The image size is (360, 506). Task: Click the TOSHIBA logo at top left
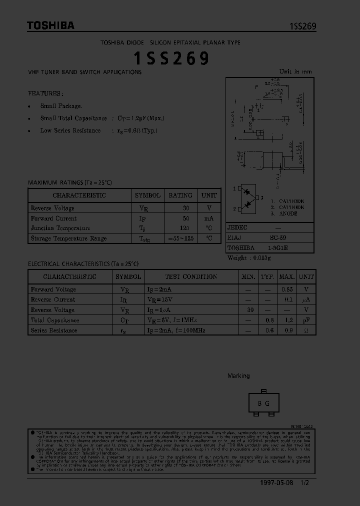pos(50,25)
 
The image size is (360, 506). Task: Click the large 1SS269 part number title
pos(171,59)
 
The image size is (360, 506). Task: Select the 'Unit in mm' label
pos(295,71)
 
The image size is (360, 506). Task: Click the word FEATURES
pos(45,93)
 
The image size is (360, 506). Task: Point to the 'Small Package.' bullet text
pos(61,106)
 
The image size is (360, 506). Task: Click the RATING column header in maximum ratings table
pos(180,195)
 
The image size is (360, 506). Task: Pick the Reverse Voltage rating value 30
pos(186,208)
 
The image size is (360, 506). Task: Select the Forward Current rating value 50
pos(186,218)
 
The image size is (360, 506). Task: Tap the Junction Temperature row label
pos(53,228)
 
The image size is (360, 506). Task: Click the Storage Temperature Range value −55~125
pos(180,238)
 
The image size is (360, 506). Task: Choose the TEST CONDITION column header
pos(191,276)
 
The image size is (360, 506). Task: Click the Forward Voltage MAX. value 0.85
pos(286,289)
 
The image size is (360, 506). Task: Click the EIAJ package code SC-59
pos(278,238)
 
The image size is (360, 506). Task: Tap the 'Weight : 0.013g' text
pos(249,258)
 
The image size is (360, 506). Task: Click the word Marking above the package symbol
pos(238,376)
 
